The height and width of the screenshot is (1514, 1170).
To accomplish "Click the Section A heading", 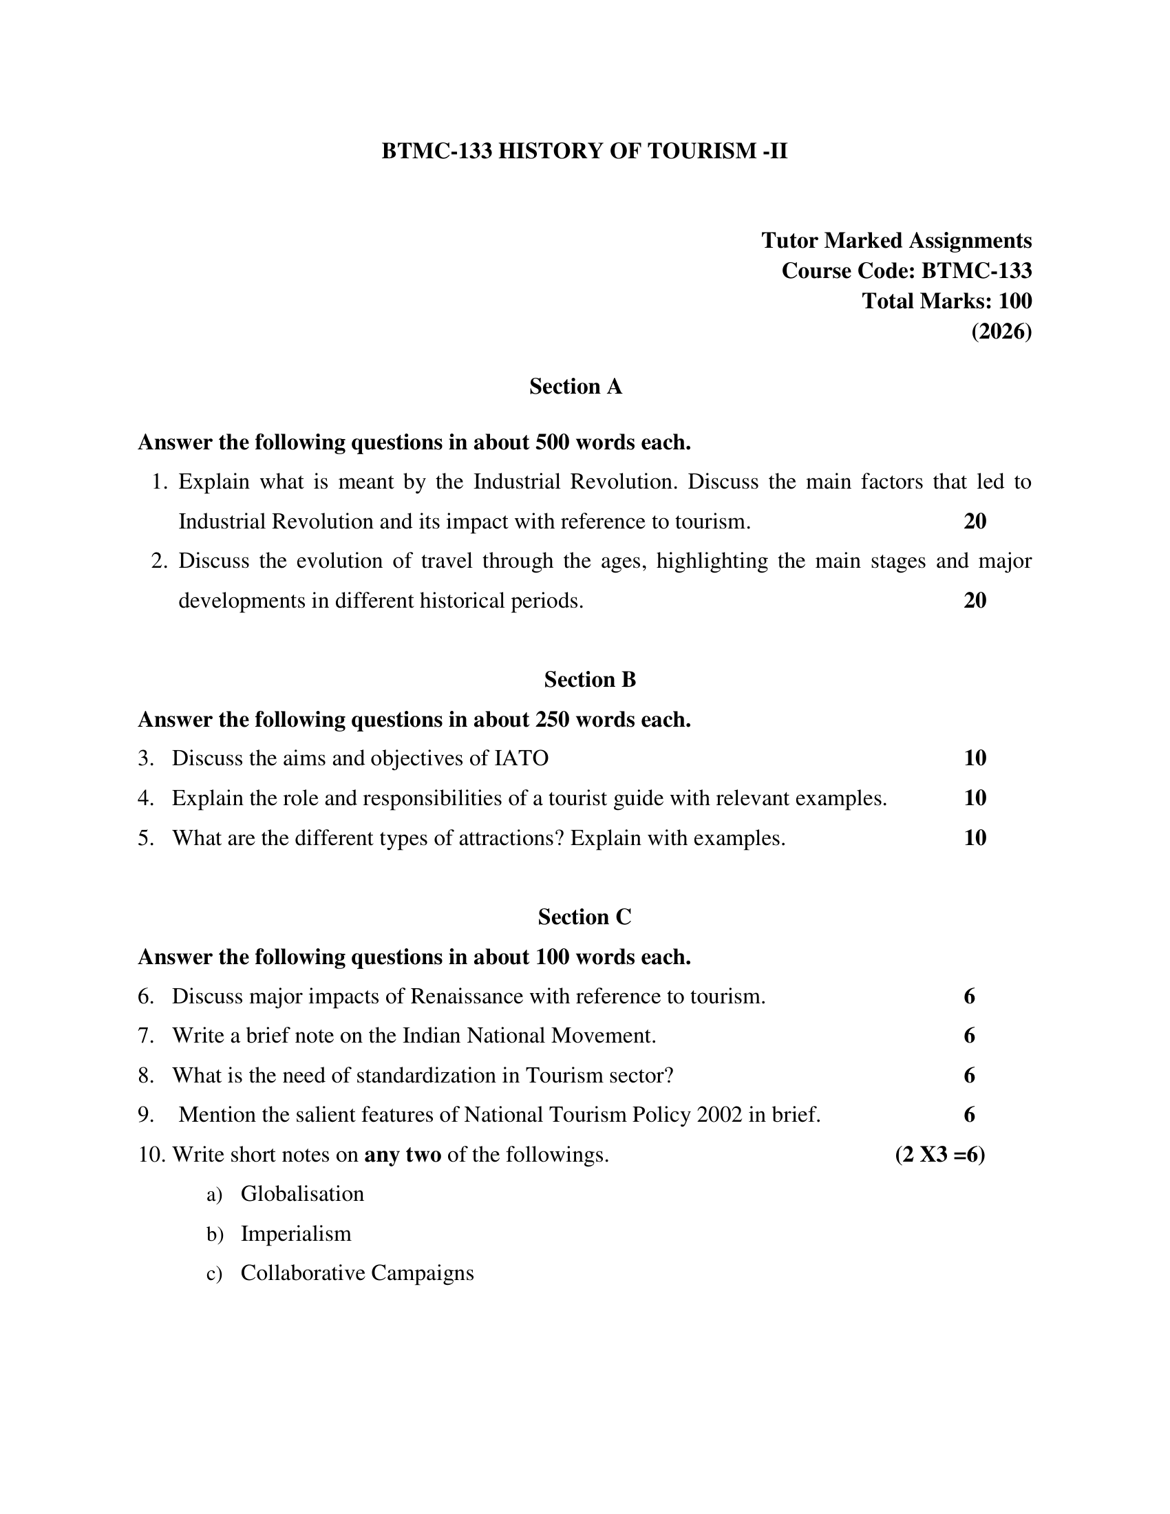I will [x=575, y=386].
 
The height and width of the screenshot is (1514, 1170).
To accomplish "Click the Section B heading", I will [x=590, y=679].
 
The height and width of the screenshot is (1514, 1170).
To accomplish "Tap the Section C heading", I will [x=584, y=917].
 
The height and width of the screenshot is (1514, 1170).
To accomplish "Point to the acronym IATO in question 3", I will [x=520, y=758].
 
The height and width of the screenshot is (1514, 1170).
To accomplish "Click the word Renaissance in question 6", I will [x=467, y=996].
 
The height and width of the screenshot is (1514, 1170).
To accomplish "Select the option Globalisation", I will [x=302, y=1194].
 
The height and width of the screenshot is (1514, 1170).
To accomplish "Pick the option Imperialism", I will [x=296, y=1233].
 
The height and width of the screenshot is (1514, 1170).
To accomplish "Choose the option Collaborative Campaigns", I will [x=357, y=1272].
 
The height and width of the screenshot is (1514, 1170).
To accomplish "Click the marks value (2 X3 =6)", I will [x=940, y=1155].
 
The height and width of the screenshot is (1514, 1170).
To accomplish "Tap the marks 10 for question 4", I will [x=975, y=798].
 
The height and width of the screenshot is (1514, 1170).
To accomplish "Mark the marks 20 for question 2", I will [x=975, y=600].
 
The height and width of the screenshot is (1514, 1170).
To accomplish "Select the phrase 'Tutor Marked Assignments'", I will [x=896, y=241].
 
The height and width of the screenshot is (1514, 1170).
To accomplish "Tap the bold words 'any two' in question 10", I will [x=403, y=1155].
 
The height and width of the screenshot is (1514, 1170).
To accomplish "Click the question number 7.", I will [x=145, y=1036].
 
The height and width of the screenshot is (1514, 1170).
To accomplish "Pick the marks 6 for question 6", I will [x=969, y=996].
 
